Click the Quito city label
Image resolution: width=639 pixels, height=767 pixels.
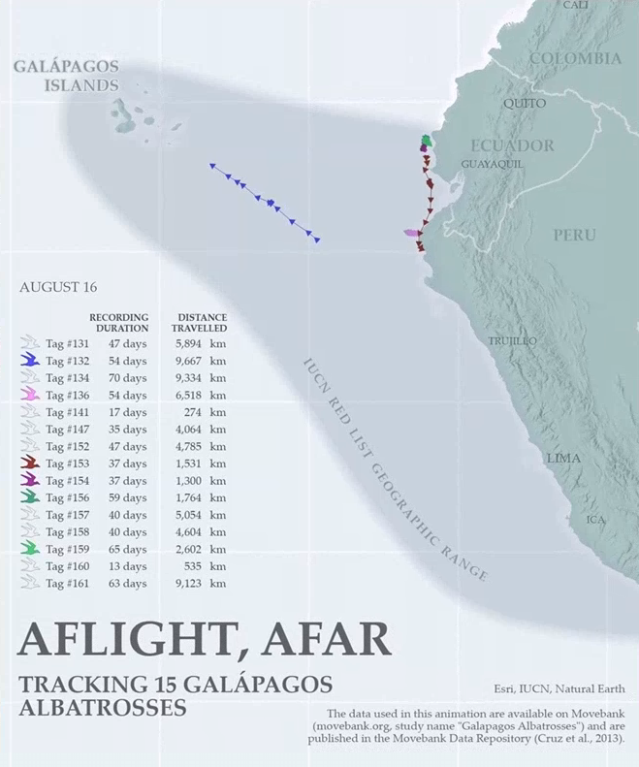525,103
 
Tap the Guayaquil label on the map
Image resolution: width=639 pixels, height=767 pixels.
492,164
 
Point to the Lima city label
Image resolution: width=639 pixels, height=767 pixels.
563,458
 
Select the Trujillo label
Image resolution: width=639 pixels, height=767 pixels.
512,341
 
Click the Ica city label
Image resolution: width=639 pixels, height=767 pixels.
595,520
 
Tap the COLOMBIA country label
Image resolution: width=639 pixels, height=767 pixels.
576,59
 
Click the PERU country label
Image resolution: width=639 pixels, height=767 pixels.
575,235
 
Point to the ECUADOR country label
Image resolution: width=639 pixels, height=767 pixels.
512,145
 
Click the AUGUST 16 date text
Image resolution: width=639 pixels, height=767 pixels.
58,288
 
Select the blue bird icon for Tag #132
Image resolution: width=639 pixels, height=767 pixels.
29,361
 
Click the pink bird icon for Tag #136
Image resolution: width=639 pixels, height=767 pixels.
29,395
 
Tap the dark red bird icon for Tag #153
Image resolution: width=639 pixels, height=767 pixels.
29,463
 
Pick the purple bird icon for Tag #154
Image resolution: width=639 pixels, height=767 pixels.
29,479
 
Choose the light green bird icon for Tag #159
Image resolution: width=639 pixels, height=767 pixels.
29,548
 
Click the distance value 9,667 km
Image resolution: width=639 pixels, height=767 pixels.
200,361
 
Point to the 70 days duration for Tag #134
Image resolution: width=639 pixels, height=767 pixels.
127,378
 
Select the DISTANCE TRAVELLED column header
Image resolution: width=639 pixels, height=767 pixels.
202,323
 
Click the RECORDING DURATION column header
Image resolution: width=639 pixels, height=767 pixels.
119,323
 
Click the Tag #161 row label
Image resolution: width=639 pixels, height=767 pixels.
67,584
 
